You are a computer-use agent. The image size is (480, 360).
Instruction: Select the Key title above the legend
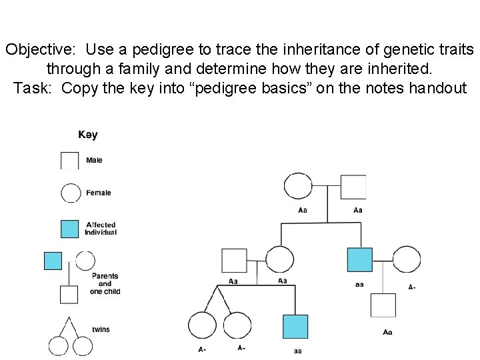click(x=88, y=135)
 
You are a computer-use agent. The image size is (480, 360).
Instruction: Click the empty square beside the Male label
click(x=70, y=161)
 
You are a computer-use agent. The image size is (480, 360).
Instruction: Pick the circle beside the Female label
click(x=70, y=193)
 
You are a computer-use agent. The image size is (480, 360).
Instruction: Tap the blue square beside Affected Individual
click(x=70, y=229)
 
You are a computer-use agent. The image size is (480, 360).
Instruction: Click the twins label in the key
click(x=101, y=330)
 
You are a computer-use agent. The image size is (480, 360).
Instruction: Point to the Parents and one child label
click(x=105, y=284)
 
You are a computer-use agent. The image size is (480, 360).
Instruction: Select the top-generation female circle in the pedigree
click(x=297, y=187)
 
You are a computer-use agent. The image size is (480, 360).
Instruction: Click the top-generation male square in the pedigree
click(x=353, y=187)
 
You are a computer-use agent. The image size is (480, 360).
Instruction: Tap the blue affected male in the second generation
click(x=360, y=260)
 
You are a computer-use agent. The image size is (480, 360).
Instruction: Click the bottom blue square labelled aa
click(x=295, y=327)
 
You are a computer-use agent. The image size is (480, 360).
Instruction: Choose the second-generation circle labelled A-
click(x=407, y=260)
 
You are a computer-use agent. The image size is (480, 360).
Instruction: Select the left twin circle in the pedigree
click(x=202, y=326)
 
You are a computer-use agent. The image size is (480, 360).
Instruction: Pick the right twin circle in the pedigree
click(x=237, y=326)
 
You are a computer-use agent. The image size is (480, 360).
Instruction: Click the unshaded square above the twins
click(x=234, y=261)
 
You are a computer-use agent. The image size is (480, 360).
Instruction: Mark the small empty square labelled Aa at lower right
click(x=383, y=305)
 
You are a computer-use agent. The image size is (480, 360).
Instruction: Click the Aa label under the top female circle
click(x=303, y=210)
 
